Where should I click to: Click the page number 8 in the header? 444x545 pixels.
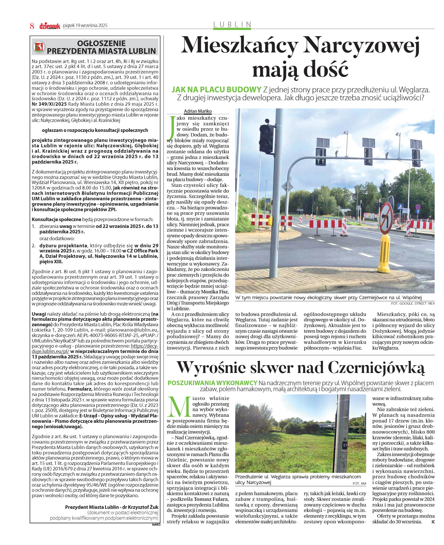[32, 26]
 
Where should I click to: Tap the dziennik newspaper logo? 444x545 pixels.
[50, 26]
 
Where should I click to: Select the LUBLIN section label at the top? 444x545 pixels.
[232, 25]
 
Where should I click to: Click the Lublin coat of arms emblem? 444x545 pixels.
[39, 47]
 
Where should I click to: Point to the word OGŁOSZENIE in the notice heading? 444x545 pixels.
[101, 43]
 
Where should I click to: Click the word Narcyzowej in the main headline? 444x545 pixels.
[362, 45]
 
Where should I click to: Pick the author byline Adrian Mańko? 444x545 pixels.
[198, 111]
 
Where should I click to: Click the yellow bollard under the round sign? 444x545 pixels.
[384, 254]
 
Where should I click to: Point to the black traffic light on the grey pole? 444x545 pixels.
[266, 138]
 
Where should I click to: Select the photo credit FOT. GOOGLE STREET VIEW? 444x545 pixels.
[413, 303]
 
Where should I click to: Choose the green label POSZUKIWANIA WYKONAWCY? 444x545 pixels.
[212, 383]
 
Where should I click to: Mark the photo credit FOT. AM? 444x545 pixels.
[359, 483]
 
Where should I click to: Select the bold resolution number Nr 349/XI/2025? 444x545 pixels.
[49, 104]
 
